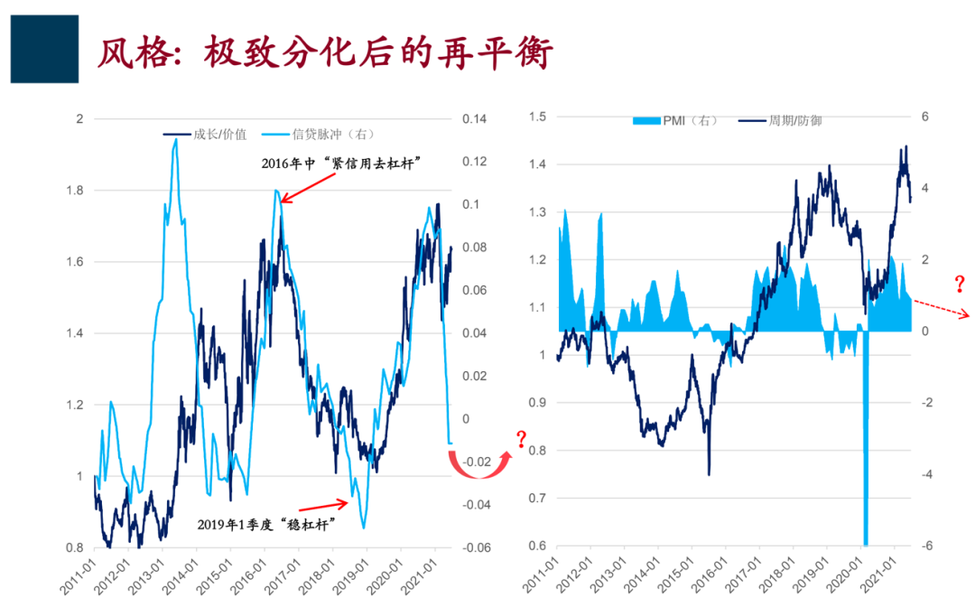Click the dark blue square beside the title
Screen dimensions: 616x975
click(x=44, y=49)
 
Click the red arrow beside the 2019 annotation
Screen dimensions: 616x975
click(x=321, y=505)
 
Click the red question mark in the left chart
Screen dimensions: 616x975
click(x=521, y=441)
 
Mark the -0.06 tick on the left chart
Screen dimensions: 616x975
click(x=477, y=547)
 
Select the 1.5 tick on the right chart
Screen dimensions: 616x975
click(x=537, y=117)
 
